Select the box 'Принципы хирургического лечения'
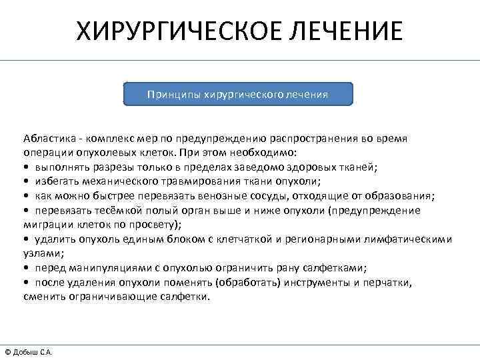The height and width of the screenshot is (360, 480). coord(238,94)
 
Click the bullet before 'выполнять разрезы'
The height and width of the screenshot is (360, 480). coord(26,167)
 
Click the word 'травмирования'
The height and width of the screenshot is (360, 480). coord(193,181)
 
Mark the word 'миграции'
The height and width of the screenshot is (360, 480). coord(45,224)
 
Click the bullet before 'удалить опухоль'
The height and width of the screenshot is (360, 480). coord(26,239)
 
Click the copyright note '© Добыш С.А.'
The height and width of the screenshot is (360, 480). coord(29,352)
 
